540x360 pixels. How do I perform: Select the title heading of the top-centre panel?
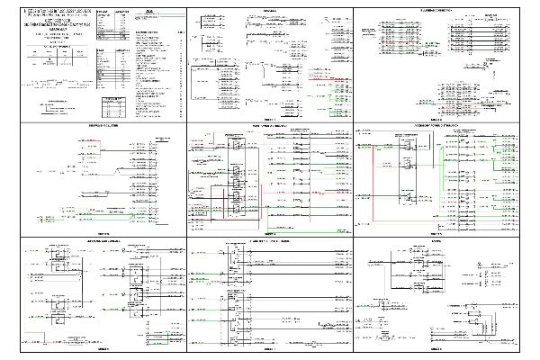tap(269, 11)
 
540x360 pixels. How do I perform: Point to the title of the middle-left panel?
tap(100, 125)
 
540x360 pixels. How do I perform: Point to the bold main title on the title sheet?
tap(54, 22)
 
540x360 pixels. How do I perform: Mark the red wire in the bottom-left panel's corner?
tap(40, 341)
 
